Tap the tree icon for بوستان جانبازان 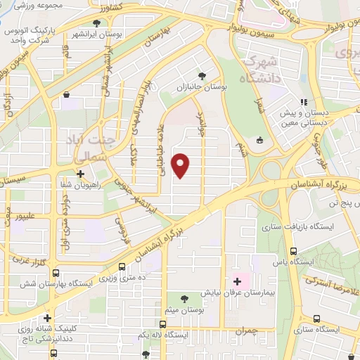click(202, 75)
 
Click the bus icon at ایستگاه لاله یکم click(163, 325)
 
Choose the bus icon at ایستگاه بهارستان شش click(56, 274)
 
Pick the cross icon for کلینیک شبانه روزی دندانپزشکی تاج click(48, 318)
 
